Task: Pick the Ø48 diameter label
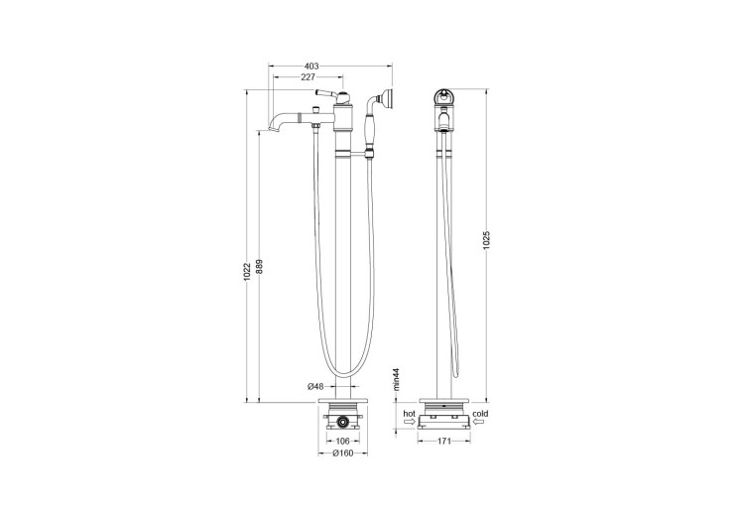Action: point(314,387)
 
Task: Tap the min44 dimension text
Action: point(394,381)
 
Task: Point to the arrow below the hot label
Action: point(408,422)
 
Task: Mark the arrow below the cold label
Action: point(479,422)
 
